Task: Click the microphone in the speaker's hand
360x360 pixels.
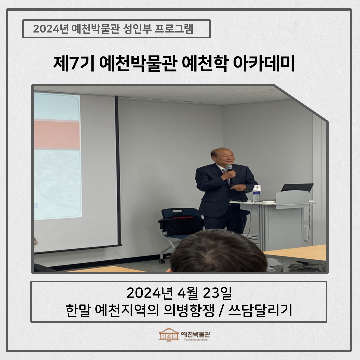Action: coord(229,169)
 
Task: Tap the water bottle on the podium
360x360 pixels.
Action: coord(256,193)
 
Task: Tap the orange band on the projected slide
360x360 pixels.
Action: coord(57,135)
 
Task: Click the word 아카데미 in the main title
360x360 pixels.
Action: coord(263,63)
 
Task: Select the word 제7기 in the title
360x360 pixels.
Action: coord(74,63)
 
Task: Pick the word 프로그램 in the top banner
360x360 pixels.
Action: coord(174,29)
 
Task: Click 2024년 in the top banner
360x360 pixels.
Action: coord(51,29)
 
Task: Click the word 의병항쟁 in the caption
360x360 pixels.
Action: coord(189,310)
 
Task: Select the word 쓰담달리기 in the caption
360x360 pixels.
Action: coord(260,310)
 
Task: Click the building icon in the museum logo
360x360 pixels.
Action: coord(169,335)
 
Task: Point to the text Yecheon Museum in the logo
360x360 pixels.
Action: coord(196,340)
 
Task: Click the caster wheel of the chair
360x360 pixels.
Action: coord(162,261)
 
